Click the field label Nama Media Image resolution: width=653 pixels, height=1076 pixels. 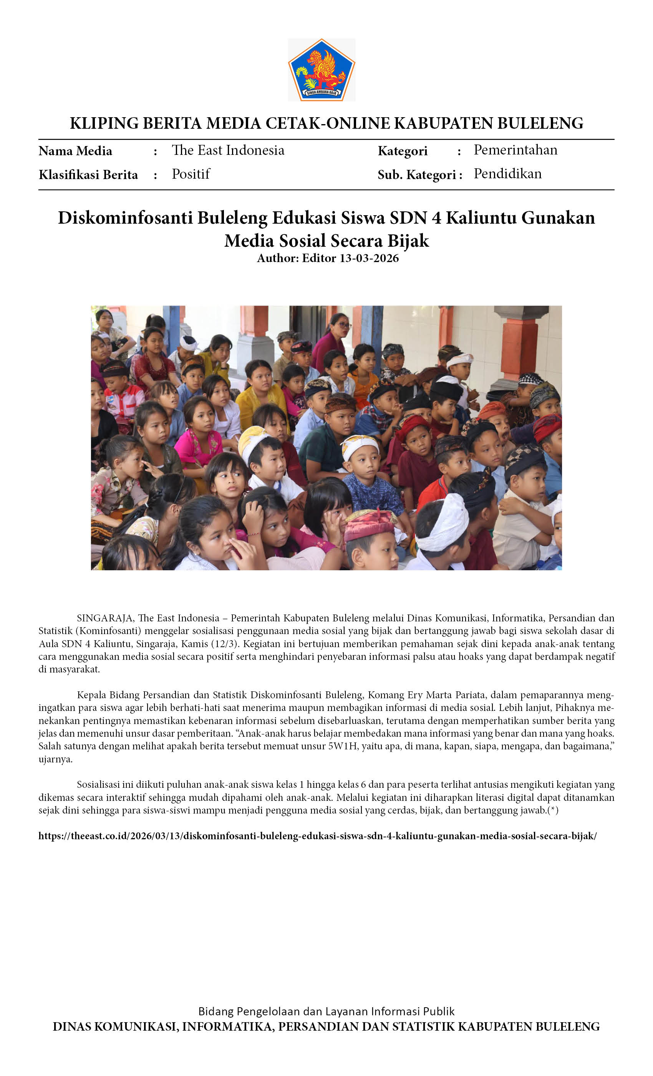pyautogui.click(x=75, y=151)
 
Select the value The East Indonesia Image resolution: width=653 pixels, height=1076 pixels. pyautogui.click(x=228, y=150)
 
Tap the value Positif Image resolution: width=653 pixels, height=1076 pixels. pyautogui.click(x=191, y=174)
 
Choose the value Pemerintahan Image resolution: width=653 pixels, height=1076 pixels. pyautogui.click(x=515, y=150)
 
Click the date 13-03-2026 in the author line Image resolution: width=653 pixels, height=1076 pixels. pyautogui.click(x=369, y=258)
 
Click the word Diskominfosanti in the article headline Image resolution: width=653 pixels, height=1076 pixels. pyautogui.click(x=125, y=218)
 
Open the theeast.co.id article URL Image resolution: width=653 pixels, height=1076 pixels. pyautogui.click(x=317, y=836)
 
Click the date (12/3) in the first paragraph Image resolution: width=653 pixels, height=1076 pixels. pyautogui.click(x=226, y=644)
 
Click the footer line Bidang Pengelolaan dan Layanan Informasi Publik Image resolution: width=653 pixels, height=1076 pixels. pyautogui.click(x=326, y=1011)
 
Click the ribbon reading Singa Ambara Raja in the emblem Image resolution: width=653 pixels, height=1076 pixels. pyautogui.click(x=321, y=93)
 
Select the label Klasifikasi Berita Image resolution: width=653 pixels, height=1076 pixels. pyautogui.click(x=88, y=175)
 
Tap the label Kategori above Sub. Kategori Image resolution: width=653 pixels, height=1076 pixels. pyautogui.click(x=403, y=151)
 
